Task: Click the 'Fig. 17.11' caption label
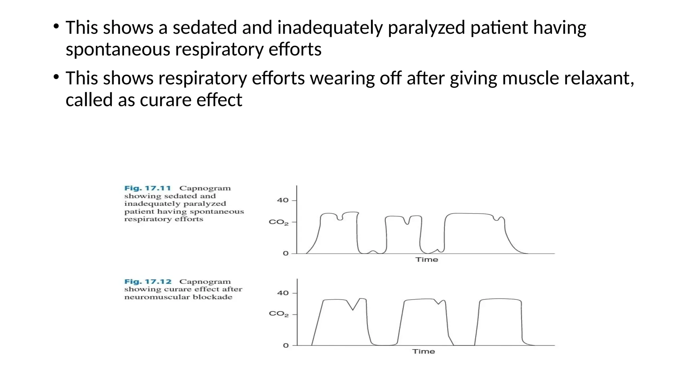148,188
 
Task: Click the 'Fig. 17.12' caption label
148,282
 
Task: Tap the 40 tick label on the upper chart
283,200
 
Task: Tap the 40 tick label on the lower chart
283,293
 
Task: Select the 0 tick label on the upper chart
286,253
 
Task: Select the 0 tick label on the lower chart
286,346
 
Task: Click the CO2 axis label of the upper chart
279,222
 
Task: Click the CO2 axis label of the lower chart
279,314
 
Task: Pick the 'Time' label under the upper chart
427,260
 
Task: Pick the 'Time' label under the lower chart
424,352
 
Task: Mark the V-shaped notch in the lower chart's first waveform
353,309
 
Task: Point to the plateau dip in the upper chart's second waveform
408,222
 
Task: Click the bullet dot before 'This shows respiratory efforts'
56,77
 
